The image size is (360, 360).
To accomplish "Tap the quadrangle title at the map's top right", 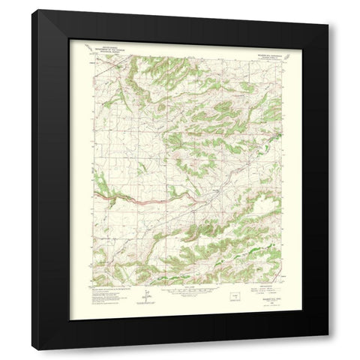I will coord(263,47).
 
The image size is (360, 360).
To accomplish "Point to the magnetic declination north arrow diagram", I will coord(149,294).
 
